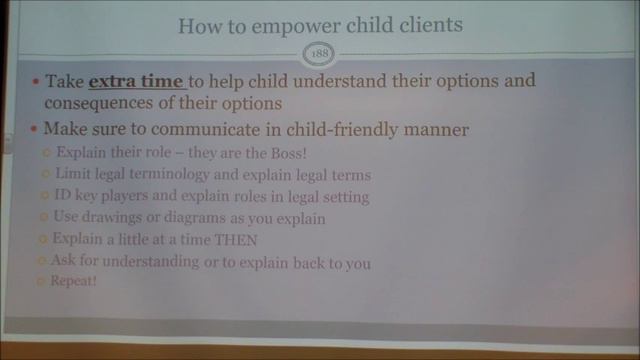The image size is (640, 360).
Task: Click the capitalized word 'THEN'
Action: [236, 240]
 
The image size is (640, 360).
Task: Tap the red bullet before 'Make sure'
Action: [35, 130]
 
